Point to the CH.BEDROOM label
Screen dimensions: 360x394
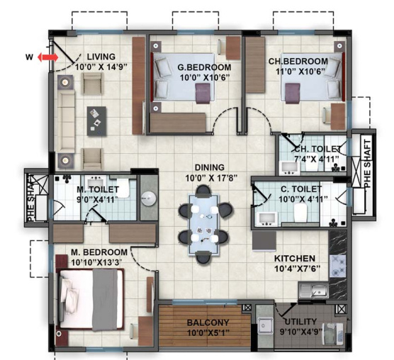(x=298, y=61)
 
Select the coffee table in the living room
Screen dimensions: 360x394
(x=96, y=118)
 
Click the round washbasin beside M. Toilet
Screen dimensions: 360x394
(x=148, y=198)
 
